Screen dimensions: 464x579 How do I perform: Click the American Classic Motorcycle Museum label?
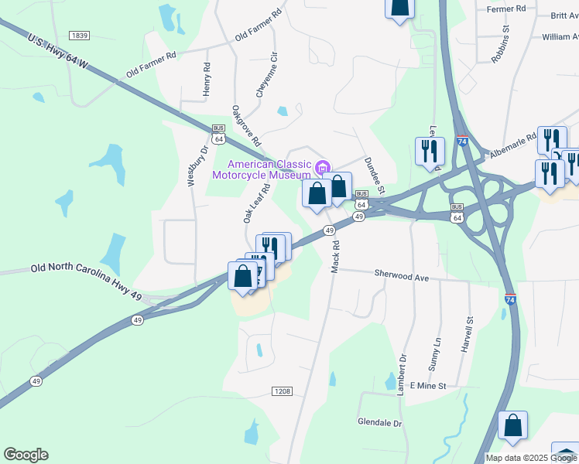coord(262,169)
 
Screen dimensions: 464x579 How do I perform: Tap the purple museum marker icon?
coord(323,165)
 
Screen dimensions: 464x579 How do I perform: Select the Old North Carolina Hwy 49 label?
coord(87,270)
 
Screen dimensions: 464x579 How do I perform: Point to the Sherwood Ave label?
coord(401,275)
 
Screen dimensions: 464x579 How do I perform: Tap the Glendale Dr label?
coord(380,424)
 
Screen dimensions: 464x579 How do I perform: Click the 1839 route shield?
coord(79,36)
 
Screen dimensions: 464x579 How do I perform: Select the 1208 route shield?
coord(282,391)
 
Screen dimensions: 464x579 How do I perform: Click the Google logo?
coord(26,455)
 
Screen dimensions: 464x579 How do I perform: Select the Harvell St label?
coord(468,331)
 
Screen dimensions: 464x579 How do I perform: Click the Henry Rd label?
coord(207,80)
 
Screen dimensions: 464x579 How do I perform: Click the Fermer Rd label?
coord(506,9)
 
